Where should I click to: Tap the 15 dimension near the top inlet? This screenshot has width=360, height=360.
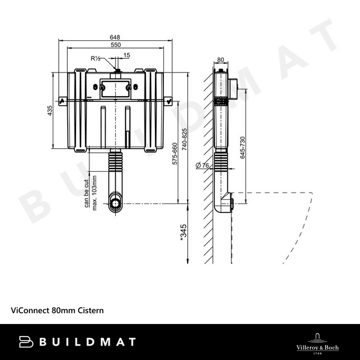coord(126,55)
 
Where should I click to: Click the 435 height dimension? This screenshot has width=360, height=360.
coord(51,110)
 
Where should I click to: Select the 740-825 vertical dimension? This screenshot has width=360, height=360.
coord(185,139)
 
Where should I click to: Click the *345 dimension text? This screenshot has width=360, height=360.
coord(184,232)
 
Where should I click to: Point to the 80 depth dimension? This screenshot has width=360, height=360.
coord(220,59)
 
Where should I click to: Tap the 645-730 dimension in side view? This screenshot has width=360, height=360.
coord(242,148)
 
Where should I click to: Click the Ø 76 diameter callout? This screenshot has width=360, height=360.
coord(202,165)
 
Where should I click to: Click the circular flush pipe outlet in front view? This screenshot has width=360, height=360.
coord(115,202)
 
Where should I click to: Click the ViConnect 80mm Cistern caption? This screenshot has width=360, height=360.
coord(58,310)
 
